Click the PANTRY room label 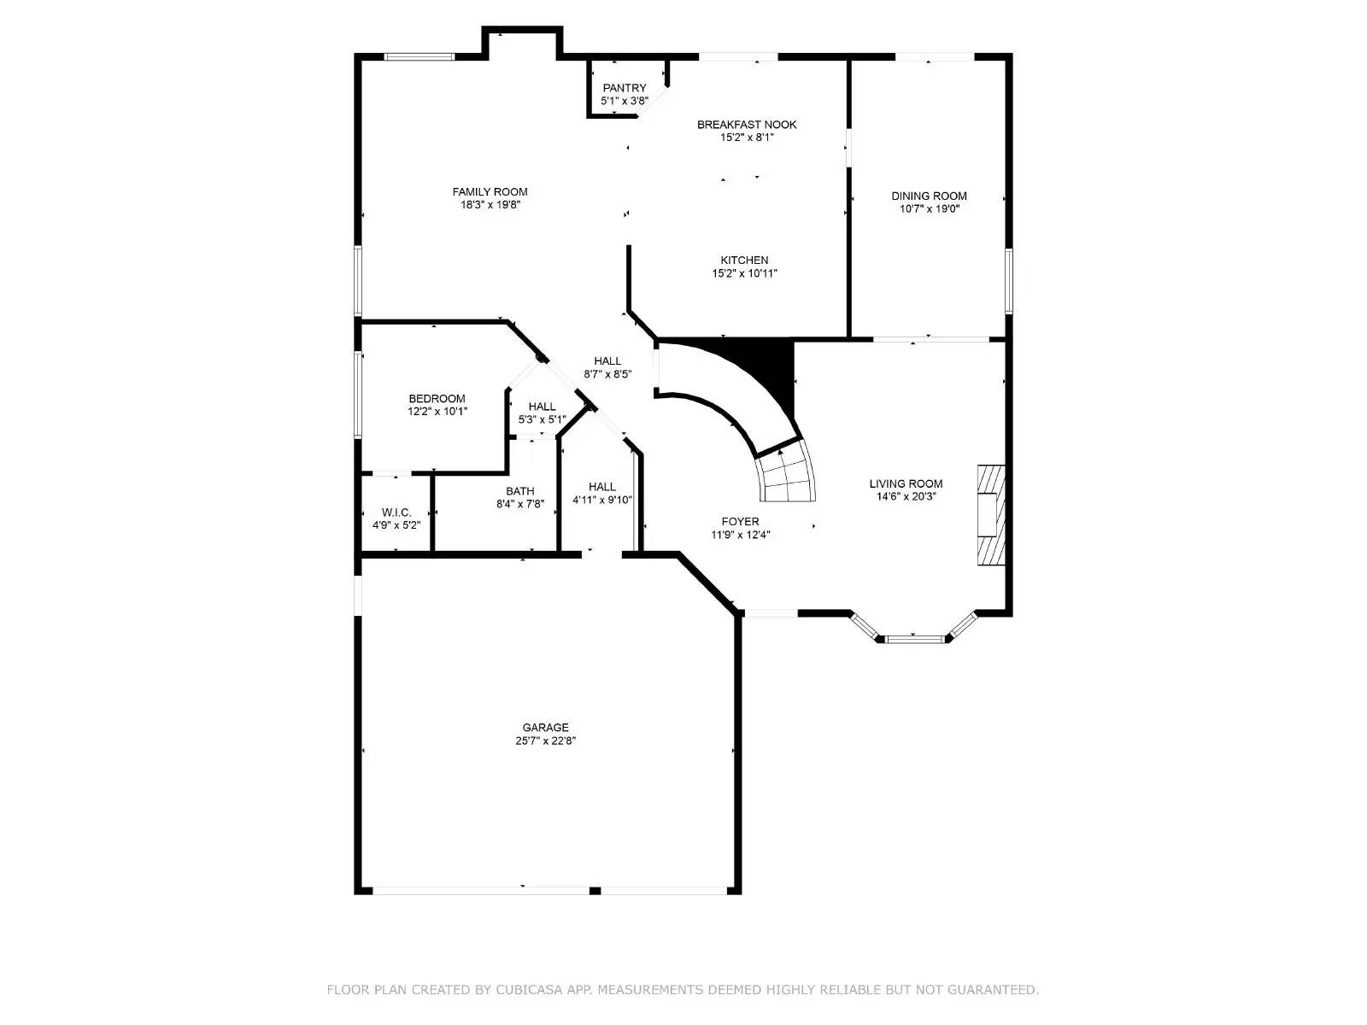tap(625, 88)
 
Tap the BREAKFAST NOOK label tap(746, 125)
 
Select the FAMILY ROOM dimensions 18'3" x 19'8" tap(490, 205)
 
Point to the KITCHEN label tap(744, 261)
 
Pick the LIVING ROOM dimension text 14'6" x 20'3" tap(906, 496)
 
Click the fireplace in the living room tap(991, 513)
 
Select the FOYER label tap(740, 522)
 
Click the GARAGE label tap(545, 728)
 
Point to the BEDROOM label tap(437, 399)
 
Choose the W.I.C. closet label tap(396, 512)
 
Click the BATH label tap(519, 491)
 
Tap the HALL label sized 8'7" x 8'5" tap(607, 361)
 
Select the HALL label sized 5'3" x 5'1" tap(542, 407)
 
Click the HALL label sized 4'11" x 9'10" tap(601, 487)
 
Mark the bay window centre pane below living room tap(913, 637)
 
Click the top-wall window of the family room tap(419, 57)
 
